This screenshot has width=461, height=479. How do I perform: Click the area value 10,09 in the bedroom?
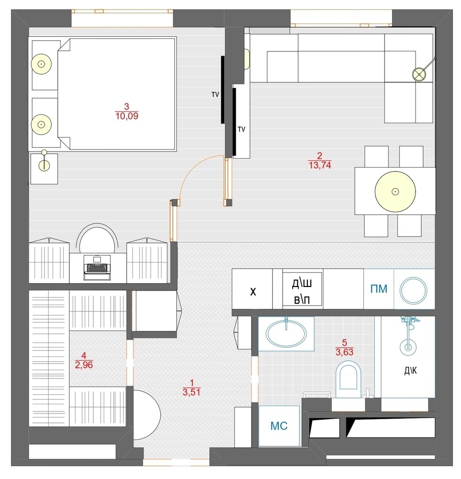127,116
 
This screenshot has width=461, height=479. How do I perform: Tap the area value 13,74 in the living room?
320,165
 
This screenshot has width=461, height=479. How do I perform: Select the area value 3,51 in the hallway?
191,392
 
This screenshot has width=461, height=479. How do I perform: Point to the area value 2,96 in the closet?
84,365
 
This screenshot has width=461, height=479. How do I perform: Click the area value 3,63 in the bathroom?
344,352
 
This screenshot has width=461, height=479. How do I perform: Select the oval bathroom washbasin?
286,333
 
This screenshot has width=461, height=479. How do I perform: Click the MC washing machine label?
279,426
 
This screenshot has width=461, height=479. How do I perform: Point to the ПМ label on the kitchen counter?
379,289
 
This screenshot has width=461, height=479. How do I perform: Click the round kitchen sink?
414,291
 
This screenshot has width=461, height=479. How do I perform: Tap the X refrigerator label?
253,292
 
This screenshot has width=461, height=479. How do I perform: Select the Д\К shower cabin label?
410,371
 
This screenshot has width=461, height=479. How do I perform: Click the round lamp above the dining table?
395,192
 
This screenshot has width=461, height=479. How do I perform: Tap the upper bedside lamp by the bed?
41,64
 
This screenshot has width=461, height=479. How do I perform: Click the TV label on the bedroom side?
215,95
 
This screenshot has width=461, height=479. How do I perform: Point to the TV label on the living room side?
241,129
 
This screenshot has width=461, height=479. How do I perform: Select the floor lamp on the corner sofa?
419,74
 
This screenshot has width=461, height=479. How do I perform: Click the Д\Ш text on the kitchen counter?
302,283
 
